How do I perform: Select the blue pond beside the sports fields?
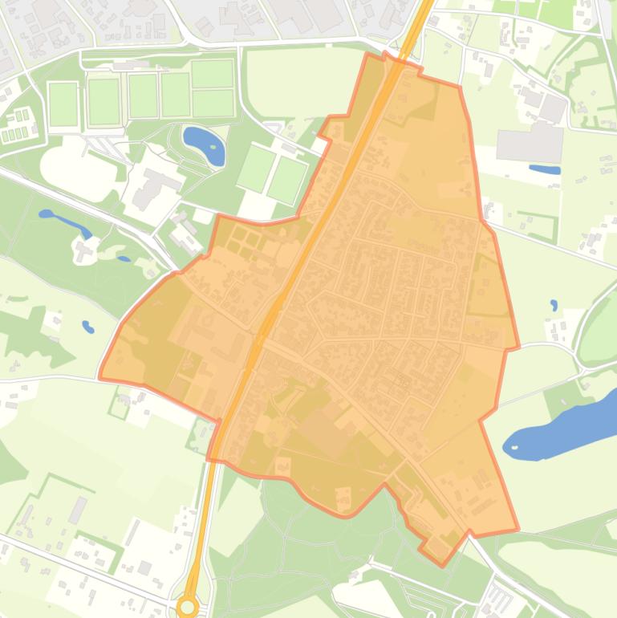click(x=203, y=144)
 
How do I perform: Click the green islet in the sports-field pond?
click(x=213, y=147)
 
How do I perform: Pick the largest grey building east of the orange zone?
click(x=530, y=143)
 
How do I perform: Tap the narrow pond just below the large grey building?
click(x=545, y=169)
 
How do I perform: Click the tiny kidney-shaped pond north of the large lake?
click(x=554, y=305)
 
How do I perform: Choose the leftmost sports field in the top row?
click(x=62, y=104)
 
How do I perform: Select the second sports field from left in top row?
click(x=104, y=101)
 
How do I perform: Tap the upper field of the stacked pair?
click(x=212, y=75)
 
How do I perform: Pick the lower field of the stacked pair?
click(x=213, y=103)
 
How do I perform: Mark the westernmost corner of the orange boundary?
click(x=99, y=376)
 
